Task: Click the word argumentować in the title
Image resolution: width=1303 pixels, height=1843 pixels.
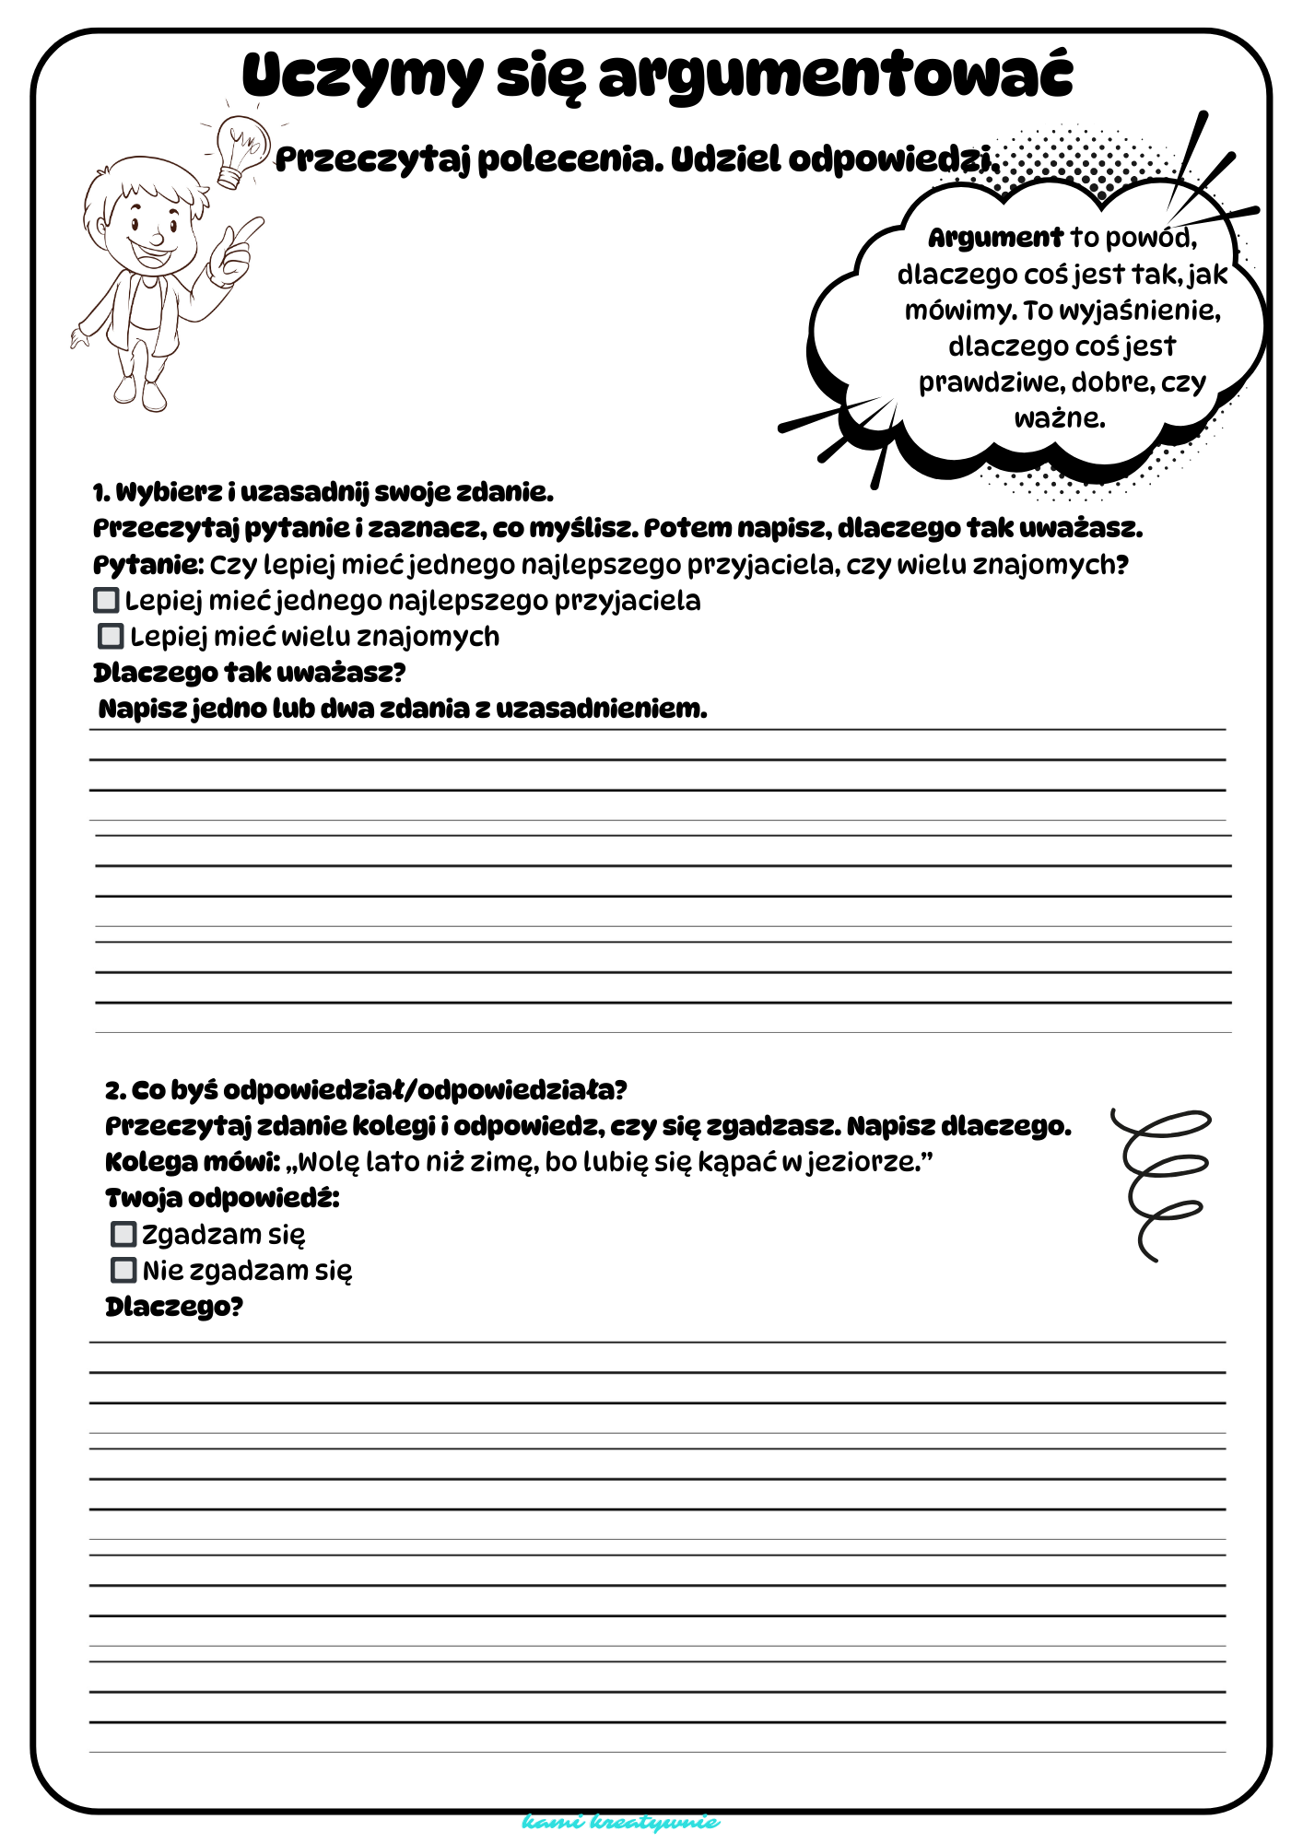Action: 836,76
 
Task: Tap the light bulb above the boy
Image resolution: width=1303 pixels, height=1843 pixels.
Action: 240,147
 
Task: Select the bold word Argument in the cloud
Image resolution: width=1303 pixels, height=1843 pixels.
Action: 995,238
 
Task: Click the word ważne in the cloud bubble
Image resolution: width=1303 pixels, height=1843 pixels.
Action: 1060,418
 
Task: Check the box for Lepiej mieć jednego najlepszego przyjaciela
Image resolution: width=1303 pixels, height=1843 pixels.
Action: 107,600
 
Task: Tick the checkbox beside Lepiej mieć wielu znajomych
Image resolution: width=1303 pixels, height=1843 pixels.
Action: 111,636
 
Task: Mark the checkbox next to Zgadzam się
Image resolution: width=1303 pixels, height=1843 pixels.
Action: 123,1234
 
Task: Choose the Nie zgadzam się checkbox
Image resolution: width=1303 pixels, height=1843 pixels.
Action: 123,1270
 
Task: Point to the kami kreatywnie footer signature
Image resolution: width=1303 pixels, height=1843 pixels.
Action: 620,1822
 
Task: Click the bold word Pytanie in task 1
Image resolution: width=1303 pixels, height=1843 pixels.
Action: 147,565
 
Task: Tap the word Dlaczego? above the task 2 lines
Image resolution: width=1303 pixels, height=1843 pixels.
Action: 174,1307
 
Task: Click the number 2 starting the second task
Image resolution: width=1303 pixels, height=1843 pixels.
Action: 113,1091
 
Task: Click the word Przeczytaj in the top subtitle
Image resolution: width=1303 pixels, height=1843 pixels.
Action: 373,160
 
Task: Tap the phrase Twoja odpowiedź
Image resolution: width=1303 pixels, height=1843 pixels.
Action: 222,1198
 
